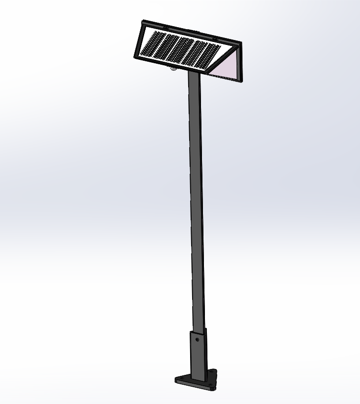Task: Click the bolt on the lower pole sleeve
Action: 198,339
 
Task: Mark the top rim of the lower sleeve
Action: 198,329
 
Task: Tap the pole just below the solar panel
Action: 194,86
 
